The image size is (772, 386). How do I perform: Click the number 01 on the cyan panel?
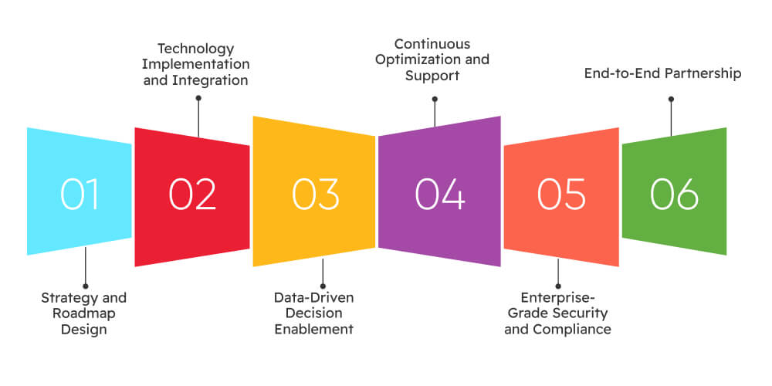coord(80,194)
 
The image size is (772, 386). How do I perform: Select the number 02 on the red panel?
coord(192,194)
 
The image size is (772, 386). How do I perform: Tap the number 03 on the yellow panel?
coord(315,194)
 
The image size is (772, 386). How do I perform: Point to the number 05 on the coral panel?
coord(561,194)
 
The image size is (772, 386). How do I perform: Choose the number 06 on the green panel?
coord(674,194)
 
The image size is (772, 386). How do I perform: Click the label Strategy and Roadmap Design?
coord(83,313)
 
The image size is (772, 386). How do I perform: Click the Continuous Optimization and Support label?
coord(435,60)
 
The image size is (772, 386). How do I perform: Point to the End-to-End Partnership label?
coord(662,74)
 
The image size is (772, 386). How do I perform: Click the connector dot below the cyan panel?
coord(84,284)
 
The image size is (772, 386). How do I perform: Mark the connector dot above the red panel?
coord(198,99)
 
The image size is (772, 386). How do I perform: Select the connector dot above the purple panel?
coord(435,99)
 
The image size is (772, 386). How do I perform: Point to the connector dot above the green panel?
coord(671,99)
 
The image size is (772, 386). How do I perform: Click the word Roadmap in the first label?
coord(83,313)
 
